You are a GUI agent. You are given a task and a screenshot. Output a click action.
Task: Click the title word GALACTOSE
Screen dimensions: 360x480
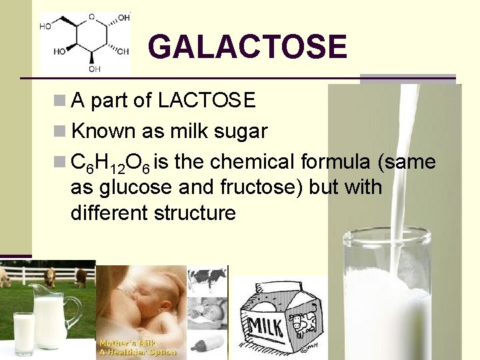(247, 47)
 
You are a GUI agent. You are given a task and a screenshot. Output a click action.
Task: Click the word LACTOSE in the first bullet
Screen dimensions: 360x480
(207, 101)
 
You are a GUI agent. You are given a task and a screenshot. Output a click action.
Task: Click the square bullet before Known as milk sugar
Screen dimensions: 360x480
(59, 131)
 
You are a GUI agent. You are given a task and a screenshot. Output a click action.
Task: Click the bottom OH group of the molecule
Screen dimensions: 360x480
(95, 68)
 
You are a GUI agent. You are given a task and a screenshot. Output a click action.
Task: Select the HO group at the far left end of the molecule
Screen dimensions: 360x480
(46, 27)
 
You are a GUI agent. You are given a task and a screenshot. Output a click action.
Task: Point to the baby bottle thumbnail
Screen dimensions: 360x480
(207, 345)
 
